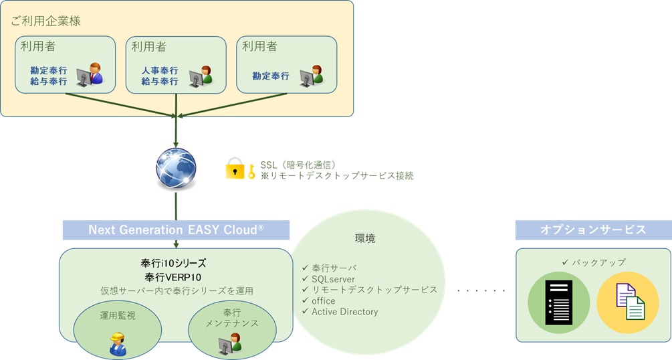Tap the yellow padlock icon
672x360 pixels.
pyautogui.click(x=235, y=168)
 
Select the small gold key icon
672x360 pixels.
pyautogui.click(x=251, y=171)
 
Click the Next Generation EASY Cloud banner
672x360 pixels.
pyautogui.click(x=176, y=230)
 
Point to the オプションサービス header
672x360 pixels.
pyautogui.click(x=593, y=230)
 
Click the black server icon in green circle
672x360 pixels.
pyautogui.click(x=559, y=302)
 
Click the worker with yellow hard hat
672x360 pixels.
pyautogui.click(x=118, y=344)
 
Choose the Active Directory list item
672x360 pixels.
pyautogui.click(x=340, y=312)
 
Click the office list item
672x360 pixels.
pyautogui.click(x=319, y=300)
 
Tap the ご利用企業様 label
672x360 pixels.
pyautogui.click(x=46, y=21)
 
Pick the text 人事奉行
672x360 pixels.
pyautogui.click(x=160, y=70)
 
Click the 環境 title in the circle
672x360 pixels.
pyautogui.click(x=365, y=239)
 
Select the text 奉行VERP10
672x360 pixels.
pyautogui.click(x=173, y=277)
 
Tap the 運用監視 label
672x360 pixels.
pyautogui.click(x=118, y=316)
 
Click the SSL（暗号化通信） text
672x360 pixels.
pyautogui.click(x=298, y=165)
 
